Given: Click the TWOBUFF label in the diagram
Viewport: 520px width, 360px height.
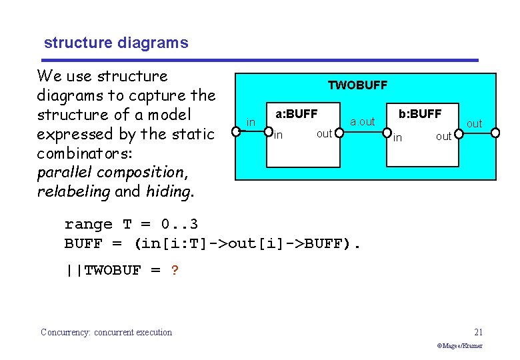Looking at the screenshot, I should click(x=357, y=85).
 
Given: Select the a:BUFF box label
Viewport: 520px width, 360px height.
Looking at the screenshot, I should click(x=297, y=114).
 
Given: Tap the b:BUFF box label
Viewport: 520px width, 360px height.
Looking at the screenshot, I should click(x=420, y=114).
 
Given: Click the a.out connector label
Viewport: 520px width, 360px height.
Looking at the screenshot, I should click(x=363, y=122).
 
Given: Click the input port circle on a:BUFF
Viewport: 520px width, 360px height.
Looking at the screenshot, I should click(x=269, y=132).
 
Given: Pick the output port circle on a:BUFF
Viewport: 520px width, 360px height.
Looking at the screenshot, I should click(x=339, y=132).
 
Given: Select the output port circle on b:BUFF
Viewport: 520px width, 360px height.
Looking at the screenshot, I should click(x=459, y=132).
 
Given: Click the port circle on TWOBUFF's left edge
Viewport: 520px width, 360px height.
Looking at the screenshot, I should click(x=237, y=132).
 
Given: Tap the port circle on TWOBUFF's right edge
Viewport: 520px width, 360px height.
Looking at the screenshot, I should click(x=495, y=132).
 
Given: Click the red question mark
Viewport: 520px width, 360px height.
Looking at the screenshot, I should click(x=175, y=271).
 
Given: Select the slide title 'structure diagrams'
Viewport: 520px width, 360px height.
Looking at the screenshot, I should click(x=116, y=43).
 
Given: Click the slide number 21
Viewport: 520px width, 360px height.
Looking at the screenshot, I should click(x=477, y=332).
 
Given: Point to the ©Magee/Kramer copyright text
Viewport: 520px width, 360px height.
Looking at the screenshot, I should click(x=459, y=346).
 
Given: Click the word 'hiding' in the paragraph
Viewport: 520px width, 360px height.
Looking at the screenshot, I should click(x=173, y=192).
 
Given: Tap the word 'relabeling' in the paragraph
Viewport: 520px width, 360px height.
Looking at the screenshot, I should click(x=73, y=192).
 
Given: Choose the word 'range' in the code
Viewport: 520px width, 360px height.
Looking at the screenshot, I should click(x=88, y=224).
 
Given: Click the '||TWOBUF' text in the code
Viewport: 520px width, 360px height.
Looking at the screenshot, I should click(x=103, y=271).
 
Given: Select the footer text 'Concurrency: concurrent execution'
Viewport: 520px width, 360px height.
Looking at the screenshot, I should click(x=106, y=332).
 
